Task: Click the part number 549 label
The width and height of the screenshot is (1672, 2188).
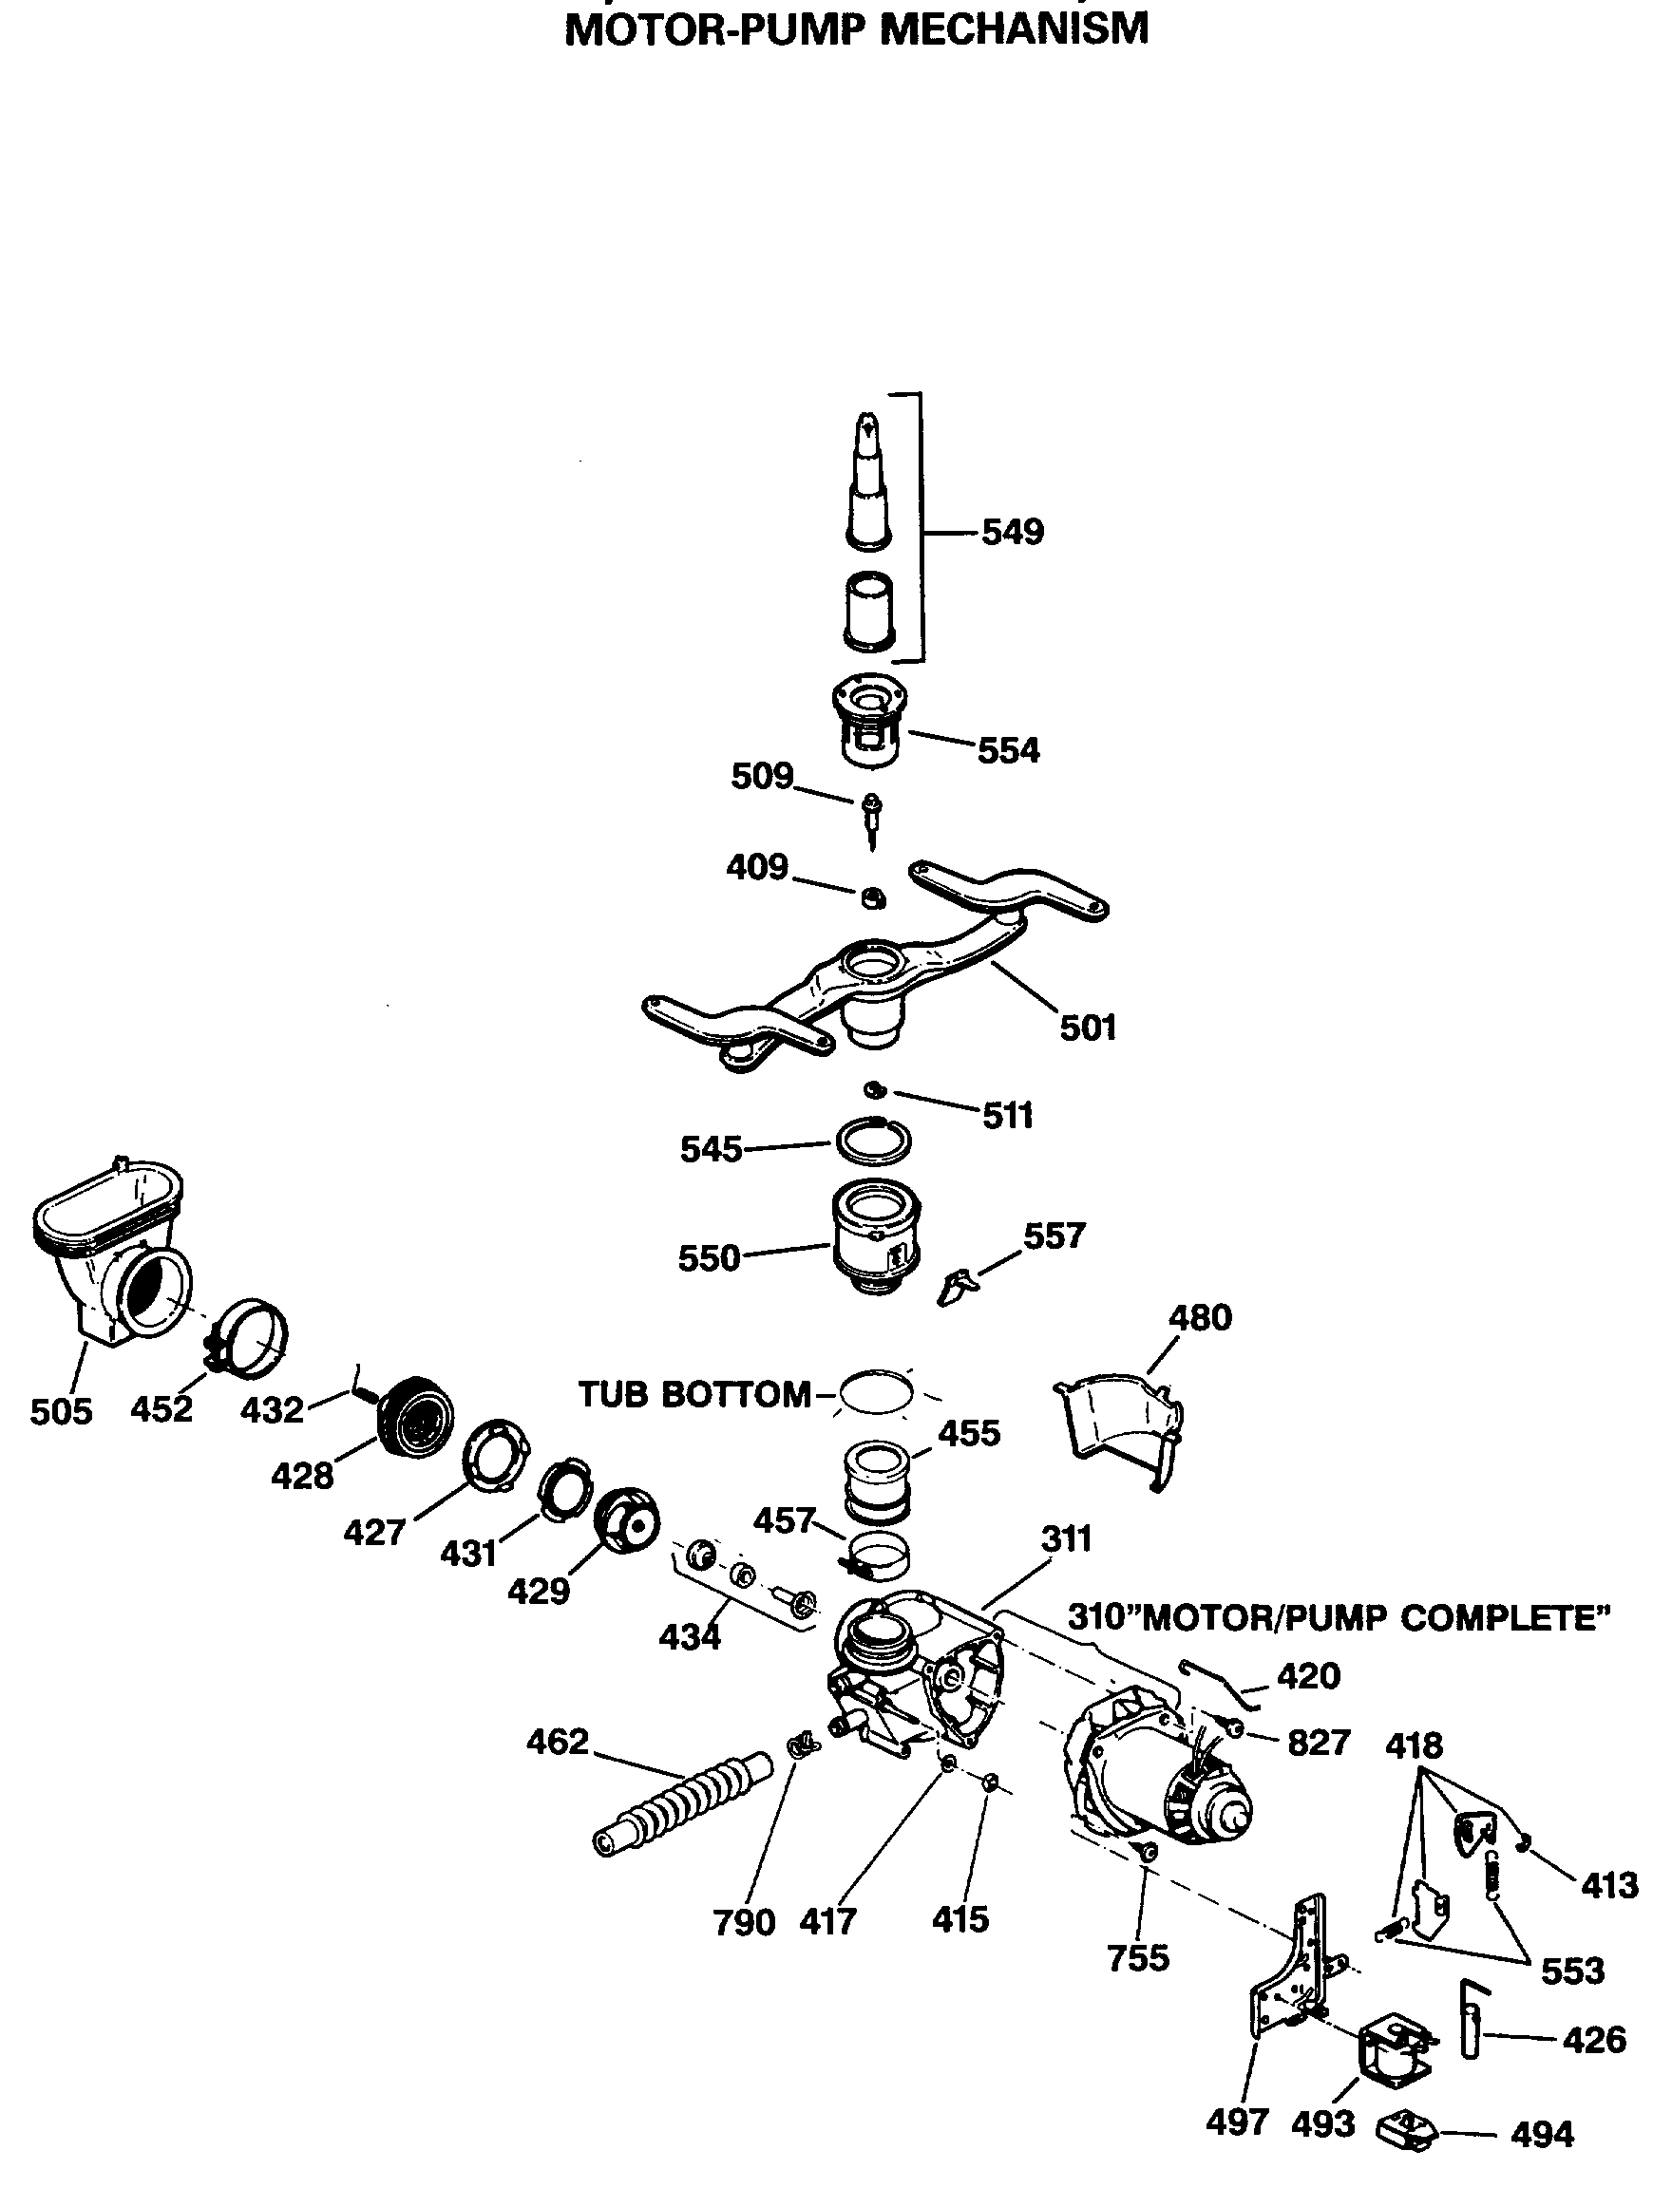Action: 1012,533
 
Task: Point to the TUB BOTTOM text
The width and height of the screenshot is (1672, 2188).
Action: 693,1395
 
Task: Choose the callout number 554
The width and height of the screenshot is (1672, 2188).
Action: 1007,750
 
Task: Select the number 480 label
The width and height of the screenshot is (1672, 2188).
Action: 1199,1317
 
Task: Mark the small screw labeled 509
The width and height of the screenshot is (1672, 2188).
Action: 872,816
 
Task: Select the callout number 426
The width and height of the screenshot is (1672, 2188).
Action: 1593,2040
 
